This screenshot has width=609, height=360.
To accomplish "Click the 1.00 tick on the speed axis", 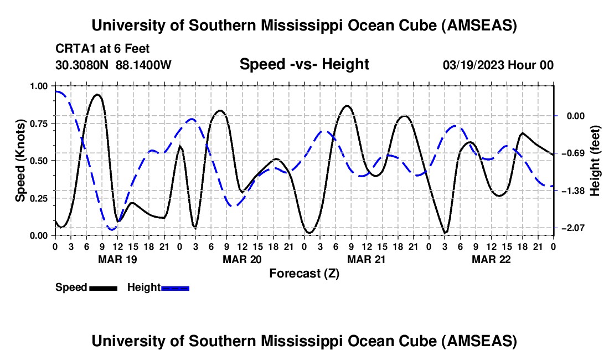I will point(39,86).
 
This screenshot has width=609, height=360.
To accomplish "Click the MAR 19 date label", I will point(117,259).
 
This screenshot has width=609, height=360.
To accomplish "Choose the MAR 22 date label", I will point(491,259).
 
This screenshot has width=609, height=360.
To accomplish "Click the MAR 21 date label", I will point(366,259).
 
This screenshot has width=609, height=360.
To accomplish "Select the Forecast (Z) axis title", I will point(304,273).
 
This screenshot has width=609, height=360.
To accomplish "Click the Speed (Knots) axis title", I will point(20,161).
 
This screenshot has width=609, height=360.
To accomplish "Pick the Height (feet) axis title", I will point(596,161).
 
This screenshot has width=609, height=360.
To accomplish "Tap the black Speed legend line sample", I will point(103,287).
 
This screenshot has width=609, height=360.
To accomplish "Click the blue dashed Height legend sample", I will point(176,287).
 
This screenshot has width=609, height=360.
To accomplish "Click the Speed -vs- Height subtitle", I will point(304,64).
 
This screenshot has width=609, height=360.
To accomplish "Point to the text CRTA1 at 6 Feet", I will point(102,49).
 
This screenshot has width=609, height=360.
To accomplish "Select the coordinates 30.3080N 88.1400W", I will point(113,65).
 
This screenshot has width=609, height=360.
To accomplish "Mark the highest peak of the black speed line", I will point(97,95).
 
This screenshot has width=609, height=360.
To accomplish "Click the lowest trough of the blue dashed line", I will point(112,229).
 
